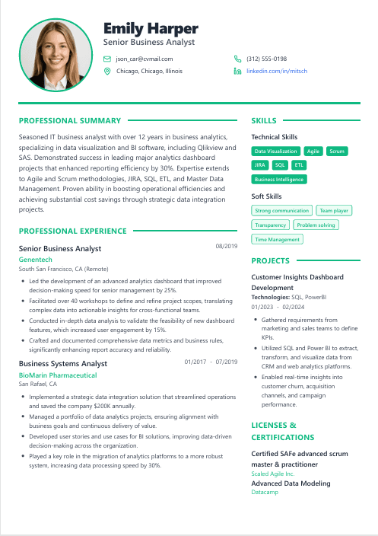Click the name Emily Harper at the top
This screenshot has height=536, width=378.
(151, 29)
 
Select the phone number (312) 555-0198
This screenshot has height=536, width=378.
(267, 59)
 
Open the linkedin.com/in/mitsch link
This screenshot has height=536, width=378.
(277, 71)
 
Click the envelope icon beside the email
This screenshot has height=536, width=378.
(107, 59)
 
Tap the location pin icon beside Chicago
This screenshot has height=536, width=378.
(107, 71)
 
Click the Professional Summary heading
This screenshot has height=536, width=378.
(69, 120)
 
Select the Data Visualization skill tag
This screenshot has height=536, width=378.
(275, 151)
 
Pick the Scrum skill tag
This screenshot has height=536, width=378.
(336, 151)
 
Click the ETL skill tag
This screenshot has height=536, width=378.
(299, 164)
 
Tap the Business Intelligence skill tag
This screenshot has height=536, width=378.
(278, 180)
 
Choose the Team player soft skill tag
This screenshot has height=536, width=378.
(333, 210)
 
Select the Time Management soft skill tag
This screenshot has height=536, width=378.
(277, 239)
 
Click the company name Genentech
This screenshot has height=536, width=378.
(36, 260)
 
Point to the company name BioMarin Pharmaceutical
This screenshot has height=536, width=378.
(58, 375)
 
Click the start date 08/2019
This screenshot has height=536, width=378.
(227, 246)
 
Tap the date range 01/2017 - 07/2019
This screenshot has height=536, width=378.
(211, 362)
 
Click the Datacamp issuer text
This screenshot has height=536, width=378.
(264, 493)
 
